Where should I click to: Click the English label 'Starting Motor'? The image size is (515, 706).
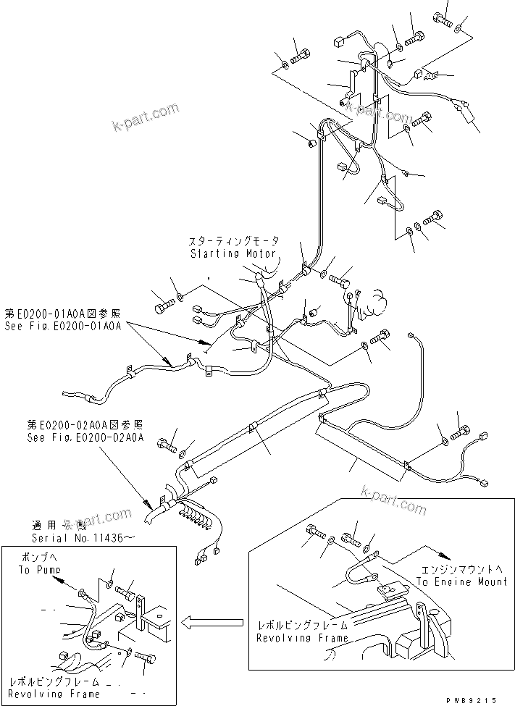233,253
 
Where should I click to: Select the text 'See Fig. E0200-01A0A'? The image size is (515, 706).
64,326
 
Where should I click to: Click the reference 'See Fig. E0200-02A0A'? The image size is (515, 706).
85,437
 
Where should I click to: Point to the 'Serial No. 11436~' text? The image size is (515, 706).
82,539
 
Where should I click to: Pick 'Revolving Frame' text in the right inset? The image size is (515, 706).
301,638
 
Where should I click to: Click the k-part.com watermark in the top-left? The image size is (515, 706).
144,117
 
